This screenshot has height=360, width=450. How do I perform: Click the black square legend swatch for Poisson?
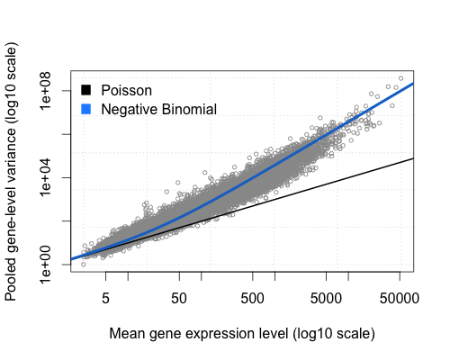[x=87, y=90]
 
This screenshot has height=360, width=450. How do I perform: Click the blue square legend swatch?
[x=87, y=109]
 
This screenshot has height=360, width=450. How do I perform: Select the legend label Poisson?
[x=127, y=90]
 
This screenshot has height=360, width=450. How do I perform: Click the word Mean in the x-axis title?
[x=128, y=334]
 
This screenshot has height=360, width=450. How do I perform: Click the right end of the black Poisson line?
[x=413, y=158]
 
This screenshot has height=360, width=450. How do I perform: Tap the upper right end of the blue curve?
[x=413, y=84]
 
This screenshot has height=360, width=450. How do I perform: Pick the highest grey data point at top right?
[x=400, y=77]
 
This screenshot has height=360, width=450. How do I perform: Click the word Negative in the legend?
[x=130, y=109]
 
